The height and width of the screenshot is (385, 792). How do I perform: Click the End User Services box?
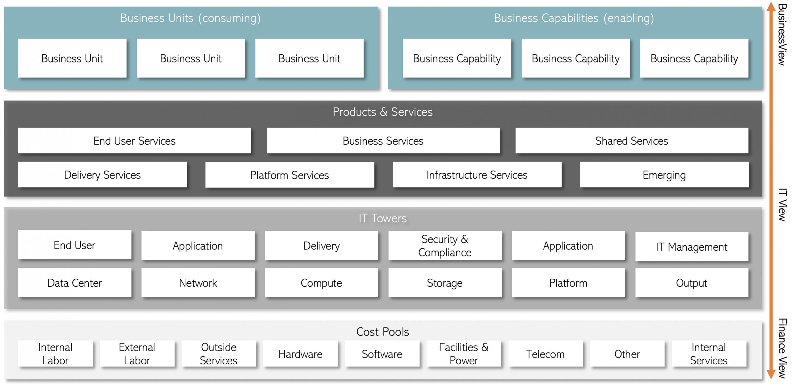pos(134,141)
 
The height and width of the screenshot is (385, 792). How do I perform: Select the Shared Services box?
pos(631,141)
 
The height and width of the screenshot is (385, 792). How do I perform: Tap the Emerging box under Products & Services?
pos(664,175)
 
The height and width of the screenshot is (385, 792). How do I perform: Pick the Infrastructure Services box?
pos(477,175)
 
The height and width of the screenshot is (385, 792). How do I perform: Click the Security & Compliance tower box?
pos(445,246)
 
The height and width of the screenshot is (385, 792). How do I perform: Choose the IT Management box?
pos(691,246)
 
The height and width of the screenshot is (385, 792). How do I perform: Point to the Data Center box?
pos(75,283)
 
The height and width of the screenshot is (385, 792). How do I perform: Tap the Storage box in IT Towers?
pos(445,283)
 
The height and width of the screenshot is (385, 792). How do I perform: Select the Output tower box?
pos(691,283)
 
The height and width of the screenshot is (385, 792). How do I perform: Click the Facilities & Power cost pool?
pos(463,353)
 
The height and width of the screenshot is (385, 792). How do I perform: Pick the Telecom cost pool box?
pos(545,353)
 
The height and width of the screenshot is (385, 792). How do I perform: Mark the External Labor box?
pos(137,353)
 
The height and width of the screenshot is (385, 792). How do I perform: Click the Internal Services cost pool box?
pos(708,353)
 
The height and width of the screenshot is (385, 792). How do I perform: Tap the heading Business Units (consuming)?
pos(190,18)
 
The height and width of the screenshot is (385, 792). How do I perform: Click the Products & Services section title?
pos(382,112)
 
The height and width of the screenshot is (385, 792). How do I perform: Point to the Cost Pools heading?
pos(382,332)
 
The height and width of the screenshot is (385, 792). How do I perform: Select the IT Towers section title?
pos(382,218)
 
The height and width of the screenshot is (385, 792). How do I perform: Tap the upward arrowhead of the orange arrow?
pos(771,6)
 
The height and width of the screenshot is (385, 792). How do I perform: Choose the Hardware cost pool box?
pos(300,353)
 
